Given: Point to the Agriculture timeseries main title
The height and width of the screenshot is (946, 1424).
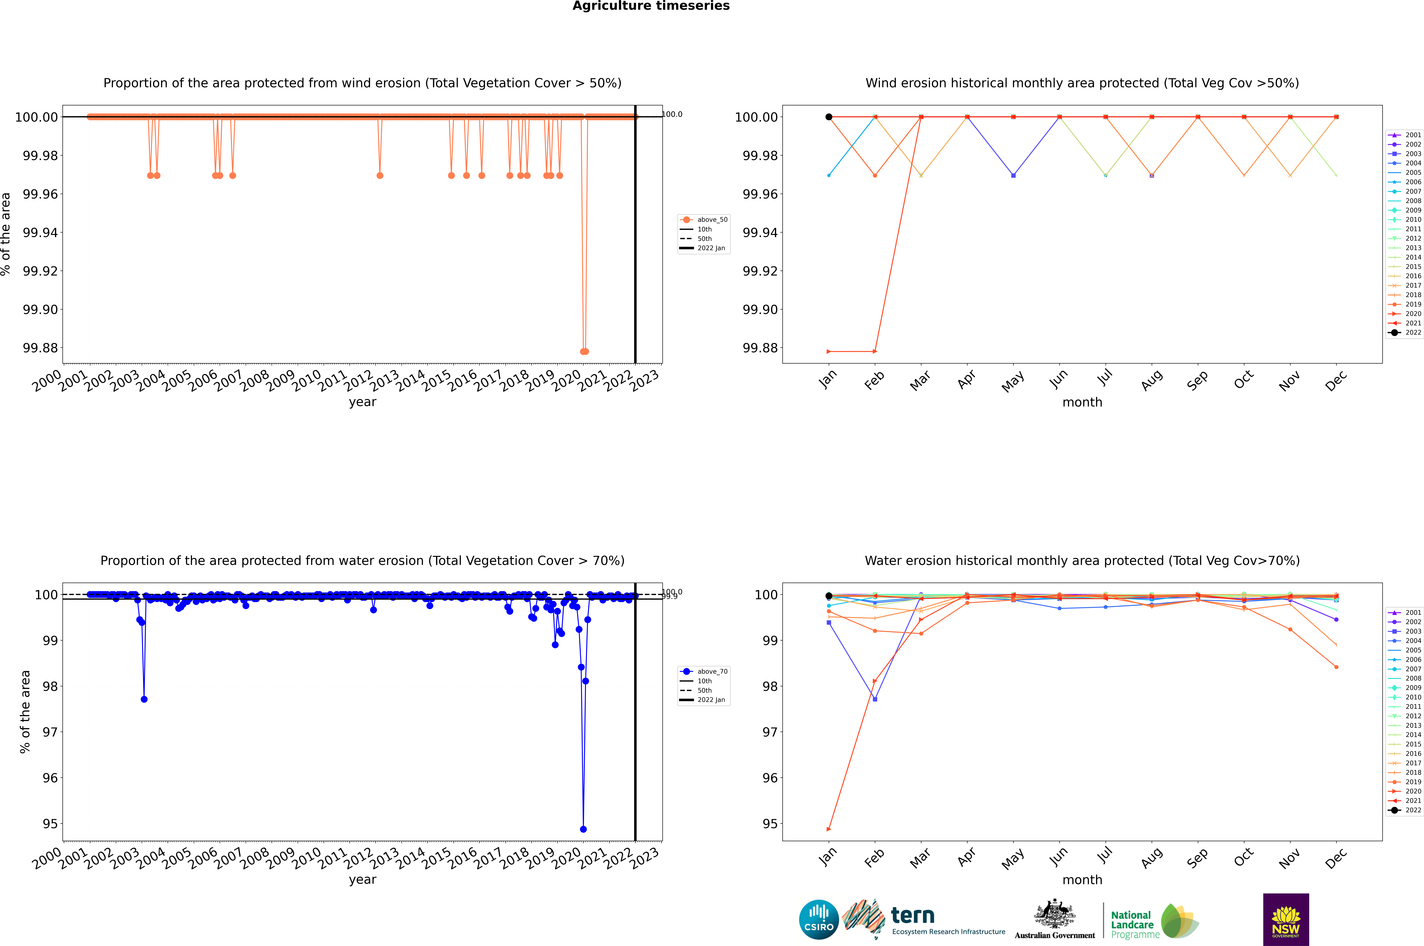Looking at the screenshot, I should click(x=651, y=6).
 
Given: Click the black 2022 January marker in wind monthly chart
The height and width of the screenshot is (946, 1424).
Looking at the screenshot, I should click(x=829, y=117).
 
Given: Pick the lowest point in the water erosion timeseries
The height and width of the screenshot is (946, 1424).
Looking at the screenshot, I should click(x=583, y=829).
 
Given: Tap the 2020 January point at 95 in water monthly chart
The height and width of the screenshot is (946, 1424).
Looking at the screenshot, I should click(x=829, y=829).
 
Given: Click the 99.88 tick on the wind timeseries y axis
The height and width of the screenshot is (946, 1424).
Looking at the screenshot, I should click(x=40, y=348).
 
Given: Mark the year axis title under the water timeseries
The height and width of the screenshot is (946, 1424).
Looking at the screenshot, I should click(x=362, y=880).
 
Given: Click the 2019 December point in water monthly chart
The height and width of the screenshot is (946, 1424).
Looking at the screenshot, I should click(x=1336, y=667).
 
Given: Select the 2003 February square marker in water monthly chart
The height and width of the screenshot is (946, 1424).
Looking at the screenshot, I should click(x=875, y=699).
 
